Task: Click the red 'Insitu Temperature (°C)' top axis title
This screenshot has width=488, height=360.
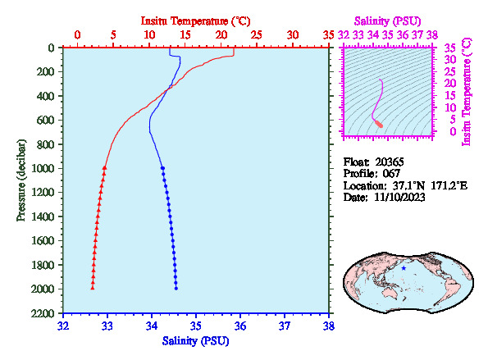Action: (195, 21)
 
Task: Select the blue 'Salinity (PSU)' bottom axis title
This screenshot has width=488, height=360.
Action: (195, 340)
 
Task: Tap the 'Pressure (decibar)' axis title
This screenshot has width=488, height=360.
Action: (21, 180)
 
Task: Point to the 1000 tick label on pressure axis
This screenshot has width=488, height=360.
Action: (43, 168)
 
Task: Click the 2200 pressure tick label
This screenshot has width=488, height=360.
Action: (43, 313)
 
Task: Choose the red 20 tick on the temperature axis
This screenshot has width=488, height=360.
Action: (221, 34)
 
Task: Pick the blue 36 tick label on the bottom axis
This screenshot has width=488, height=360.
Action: (240, 326)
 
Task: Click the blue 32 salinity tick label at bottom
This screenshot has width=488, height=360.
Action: (63, 326)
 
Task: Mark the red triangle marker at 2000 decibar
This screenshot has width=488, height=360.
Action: (93, 288)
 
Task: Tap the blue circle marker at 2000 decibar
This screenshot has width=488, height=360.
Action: (176, 289)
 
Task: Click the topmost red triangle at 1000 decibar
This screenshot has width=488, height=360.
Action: (105, 168)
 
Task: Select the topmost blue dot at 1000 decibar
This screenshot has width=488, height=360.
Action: (162, 168)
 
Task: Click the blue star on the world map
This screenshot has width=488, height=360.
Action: (404, 268)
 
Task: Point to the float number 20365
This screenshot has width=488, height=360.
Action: (390, 162)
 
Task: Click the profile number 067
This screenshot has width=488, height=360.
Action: (391, 174)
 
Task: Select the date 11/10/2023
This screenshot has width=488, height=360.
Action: (399, 198)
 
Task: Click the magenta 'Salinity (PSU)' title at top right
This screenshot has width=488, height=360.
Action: (387, 21)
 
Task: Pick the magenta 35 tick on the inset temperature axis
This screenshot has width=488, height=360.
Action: (450, 48)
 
